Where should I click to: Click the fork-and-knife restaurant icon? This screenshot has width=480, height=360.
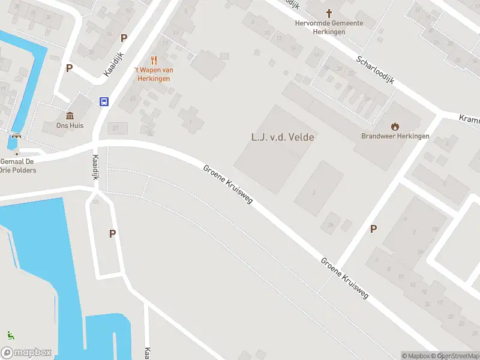154,60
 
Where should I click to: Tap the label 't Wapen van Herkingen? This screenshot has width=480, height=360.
154,74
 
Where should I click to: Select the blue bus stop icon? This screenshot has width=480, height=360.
104,101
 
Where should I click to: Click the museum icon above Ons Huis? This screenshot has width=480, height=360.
70,116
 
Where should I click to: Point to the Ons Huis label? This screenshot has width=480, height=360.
70,126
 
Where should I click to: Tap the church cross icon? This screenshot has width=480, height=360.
329,13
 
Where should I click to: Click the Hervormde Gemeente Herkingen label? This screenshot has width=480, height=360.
329,27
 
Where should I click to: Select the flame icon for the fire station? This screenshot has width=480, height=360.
395,126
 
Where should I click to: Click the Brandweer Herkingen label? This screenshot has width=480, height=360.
395,136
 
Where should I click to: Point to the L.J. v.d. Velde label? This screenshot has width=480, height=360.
283,137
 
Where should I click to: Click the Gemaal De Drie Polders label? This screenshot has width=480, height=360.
18,166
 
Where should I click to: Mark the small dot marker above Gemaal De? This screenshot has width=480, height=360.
16,152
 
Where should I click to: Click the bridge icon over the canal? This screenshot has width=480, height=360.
15,136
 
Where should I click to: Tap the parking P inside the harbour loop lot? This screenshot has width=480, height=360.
112,234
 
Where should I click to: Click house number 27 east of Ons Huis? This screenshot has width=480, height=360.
116,128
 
